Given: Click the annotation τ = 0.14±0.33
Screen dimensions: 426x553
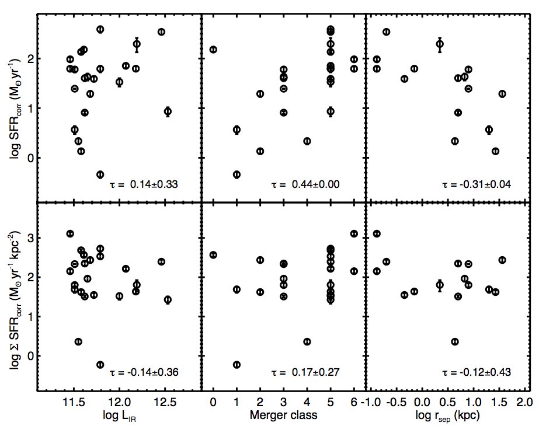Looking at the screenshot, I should coord(144,184).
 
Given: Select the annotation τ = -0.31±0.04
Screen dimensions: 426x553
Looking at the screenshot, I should coord(478,184).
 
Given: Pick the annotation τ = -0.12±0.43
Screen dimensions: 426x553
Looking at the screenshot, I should coord(478,372).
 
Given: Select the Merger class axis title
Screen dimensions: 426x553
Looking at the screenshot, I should coord(283,415).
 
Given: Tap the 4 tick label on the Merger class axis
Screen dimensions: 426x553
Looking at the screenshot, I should coord(307,402).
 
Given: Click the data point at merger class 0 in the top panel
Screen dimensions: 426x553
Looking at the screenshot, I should coord(213,50).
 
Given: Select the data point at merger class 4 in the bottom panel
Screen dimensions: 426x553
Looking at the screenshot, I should coord(307,341).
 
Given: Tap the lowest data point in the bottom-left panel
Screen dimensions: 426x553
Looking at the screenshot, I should coord(100,364).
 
